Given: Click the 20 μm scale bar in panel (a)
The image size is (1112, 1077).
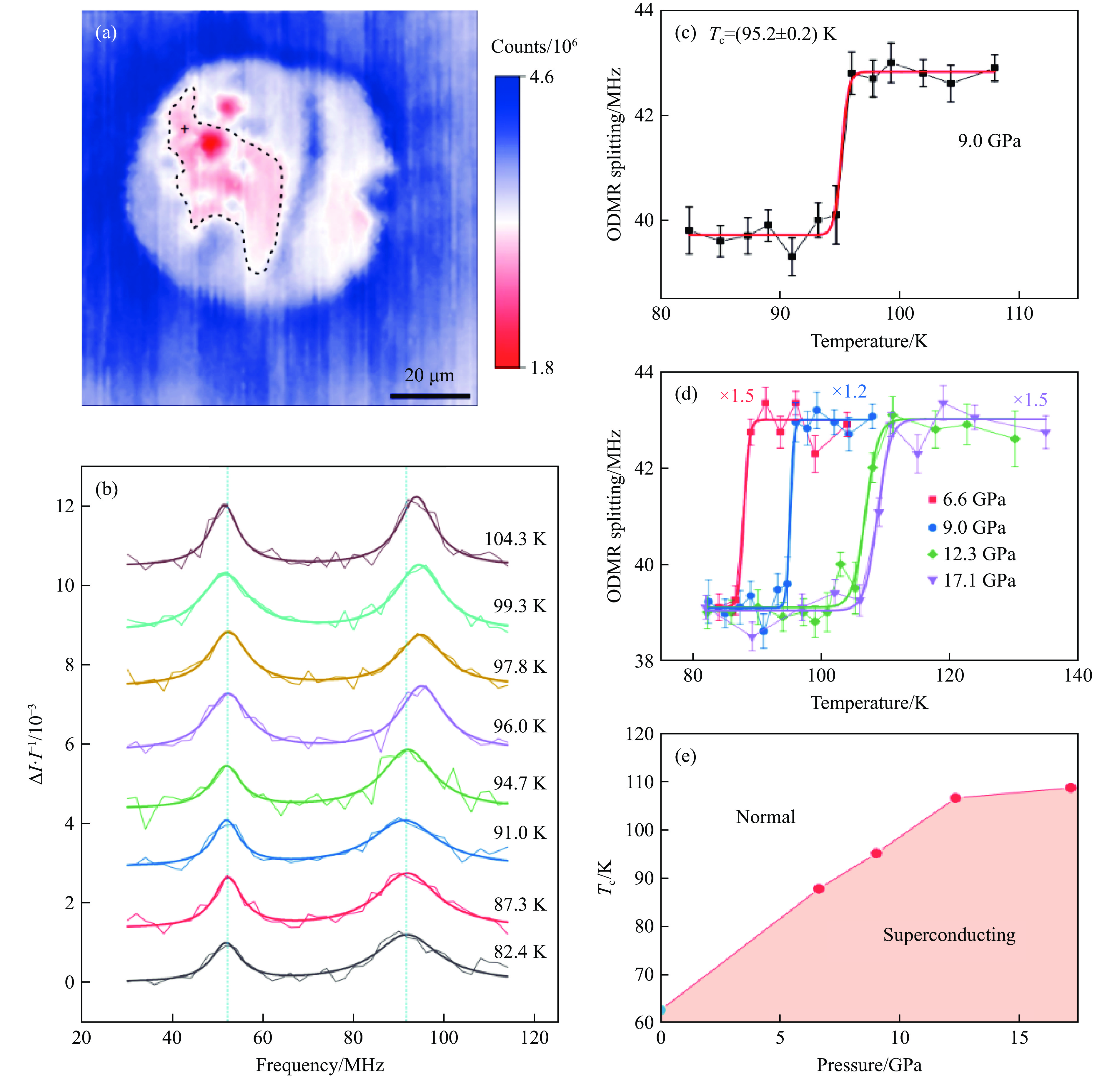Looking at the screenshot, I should click(x=430, y=396).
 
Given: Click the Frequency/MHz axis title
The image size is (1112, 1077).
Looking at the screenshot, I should click(x=319, y=1065).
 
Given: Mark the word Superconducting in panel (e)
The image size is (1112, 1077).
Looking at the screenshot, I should click(x=949, y=935).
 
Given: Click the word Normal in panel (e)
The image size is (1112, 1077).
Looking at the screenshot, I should click(x=765, y=817).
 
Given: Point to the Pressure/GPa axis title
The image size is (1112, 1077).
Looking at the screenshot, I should click(x=869, y=1065).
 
